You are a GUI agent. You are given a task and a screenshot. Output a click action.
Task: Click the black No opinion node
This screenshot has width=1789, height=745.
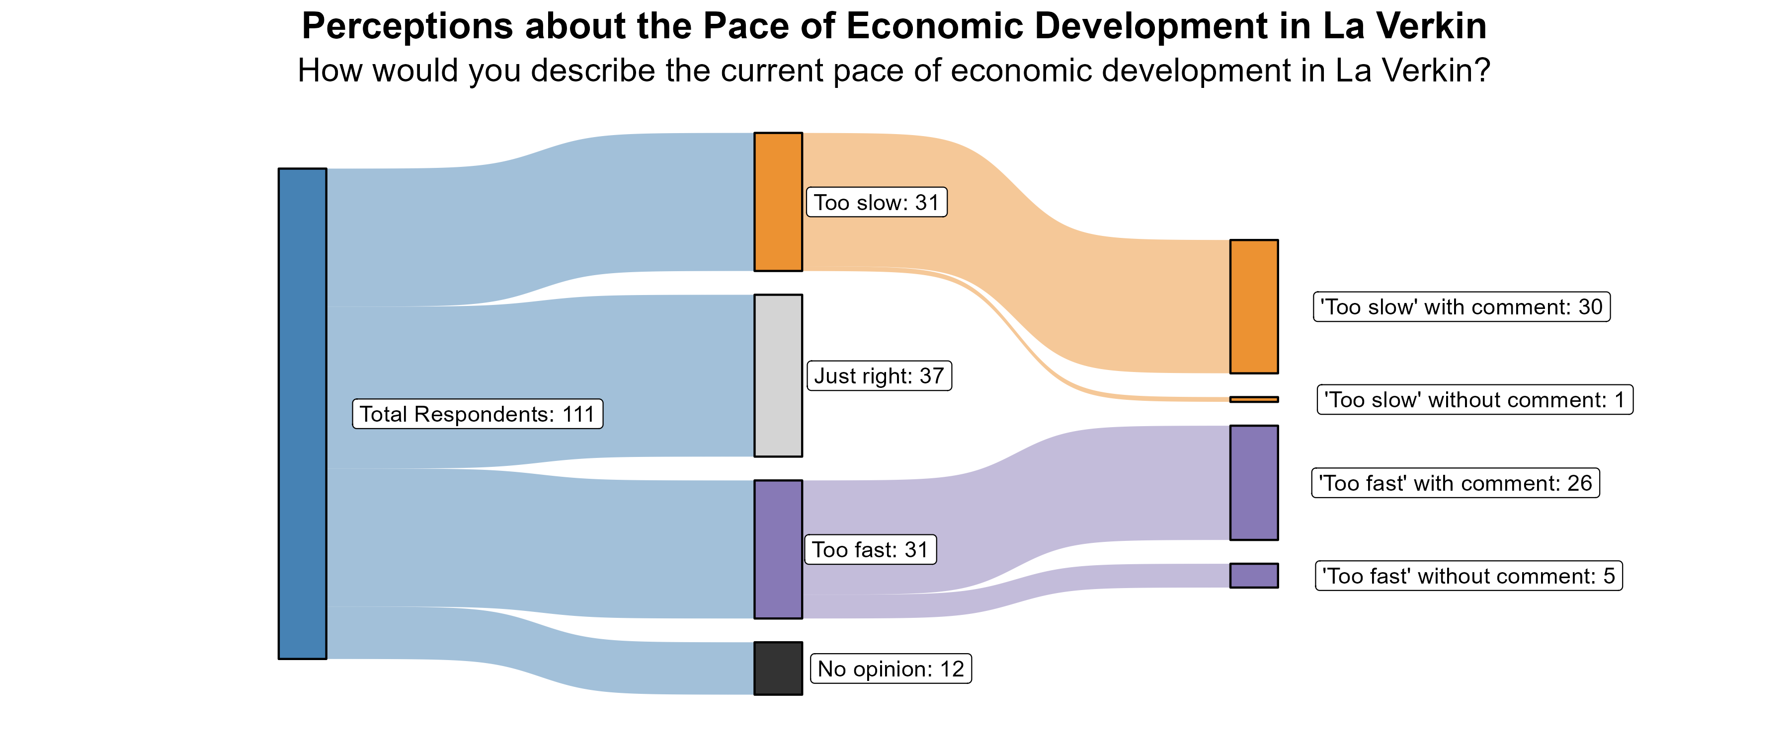click(778, 668)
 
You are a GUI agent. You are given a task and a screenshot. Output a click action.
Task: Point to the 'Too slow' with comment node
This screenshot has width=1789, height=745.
click(1254, 306)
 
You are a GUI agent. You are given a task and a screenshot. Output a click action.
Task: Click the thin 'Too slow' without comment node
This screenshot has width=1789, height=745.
click(1254, 399)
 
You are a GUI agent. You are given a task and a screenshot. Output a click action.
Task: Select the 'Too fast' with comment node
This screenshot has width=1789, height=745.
click(1254, 483)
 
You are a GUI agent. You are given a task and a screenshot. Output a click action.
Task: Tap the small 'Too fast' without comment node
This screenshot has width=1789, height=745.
click(1254, 576)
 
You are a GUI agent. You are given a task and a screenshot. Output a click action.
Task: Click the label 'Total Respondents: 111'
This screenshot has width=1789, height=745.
click(477, 414)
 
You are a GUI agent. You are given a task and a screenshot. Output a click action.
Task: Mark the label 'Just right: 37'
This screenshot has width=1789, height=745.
click(879, 375)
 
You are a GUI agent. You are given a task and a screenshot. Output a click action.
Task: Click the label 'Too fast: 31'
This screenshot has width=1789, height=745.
click(870, 549)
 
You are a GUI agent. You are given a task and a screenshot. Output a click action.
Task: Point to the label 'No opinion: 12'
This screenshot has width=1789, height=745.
click(891, 669)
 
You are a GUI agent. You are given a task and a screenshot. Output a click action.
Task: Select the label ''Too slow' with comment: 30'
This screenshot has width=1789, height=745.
click(1461, 306)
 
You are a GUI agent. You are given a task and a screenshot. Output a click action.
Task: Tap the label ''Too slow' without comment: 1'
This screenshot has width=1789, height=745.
click(1474, 400)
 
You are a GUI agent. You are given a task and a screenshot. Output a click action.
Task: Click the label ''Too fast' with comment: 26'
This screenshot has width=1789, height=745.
click(1455, 483)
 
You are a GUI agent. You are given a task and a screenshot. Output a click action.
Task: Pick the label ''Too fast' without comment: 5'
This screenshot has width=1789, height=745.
click(1468, 576)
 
